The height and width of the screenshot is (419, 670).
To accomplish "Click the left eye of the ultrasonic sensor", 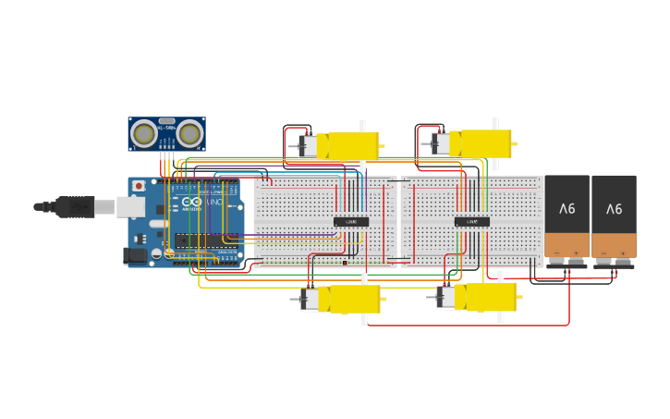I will coord(143,135).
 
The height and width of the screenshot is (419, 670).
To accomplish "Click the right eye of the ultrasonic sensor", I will coord(189,135).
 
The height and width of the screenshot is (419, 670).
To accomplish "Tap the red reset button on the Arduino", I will coord(139,186).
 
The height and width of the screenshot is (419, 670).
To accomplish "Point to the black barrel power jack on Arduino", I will coord(134,254).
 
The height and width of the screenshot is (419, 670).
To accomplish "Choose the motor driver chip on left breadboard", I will coord(351,221).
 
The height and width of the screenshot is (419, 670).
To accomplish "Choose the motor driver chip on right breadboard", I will coord(471,221).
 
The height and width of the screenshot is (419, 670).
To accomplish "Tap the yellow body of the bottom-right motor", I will coord(487,297).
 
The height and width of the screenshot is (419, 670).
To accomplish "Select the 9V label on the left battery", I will coord(566,209).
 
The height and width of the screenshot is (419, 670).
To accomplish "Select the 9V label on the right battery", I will coord(614,209).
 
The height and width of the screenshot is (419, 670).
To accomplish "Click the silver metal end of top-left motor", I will coord(309,145).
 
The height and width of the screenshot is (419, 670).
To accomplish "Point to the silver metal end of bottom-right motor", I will coord(445,297).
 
